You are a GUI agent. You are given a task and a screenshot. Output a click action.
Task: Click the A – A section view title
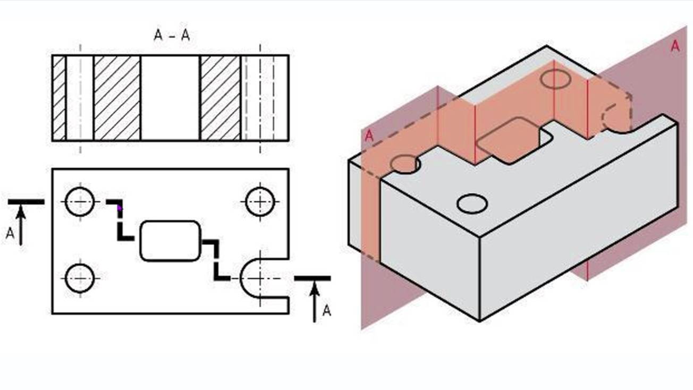point(172,35)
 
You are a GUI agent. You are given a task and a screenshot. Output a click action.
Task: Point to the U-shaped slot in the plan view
point(241,278)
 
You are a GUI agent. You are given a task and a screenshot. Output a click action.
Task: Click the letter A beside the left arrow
point(10,233)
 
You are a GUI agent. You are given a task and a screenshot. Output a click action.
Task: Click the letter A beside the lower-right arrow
point(327,310)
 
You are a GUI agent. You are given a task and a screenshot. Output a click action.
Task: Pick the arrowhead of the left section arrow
point(21,212)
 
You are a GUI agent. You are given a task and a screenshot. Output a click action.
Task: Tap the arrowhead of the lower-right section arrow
point(315,289)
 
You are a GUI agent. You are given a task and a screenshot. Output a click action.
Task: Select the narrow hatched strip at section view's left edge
point(59,98)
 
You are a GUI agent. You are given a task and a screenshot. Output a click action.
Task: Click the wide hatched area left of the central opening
point(116,98)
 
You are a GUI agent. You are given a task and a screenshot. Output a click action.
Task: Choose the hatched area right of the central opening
point(220,98)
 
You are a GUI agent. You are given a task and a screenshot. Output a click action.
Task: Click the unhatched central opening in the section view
point(170,98)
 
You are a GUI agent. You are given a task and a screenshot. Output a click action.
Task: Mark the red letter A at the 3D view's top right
point(675,46)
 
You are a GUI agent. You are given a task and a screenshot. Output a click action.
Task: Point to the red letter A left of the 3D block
point(369,136)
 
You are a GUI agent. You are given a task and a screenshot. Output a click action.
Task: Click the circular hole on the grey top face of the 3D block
point(472,204)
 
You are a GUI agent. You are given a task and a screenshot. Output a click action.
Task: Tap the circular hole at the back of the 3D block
point(555,79)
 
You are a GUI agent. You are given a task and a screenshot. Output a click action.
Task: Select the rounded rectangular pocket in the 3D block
point(514,140)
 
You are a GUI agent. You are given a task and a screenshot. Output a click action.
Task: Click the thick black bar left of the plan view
point(26,202)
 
